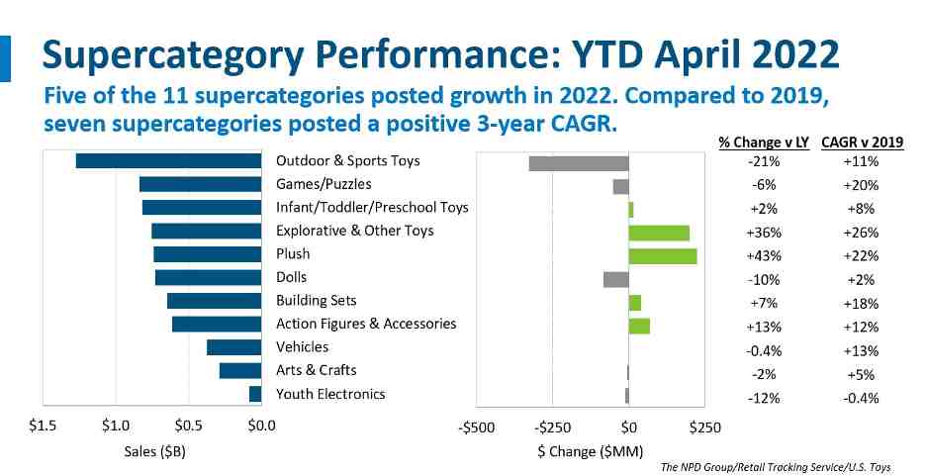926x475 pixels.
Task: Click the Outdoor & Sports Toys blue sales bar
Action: coord(168,161)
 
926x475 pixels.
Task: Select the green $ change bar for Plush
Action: coord(663,255)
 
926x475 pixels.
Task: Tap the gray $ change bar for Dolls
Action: coord(615,279)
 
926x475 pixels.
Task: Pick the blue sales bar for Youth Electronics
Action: coord(255,394)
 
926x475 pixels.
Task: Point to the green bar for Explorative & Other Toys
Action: coord(659,233)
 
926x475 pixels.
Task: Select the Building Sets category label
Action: coord(317,300)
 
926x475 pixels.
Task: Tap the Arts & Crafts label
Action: coord(317,370)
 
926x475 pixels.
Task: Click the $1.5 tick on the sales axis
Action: coord(42,427)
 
